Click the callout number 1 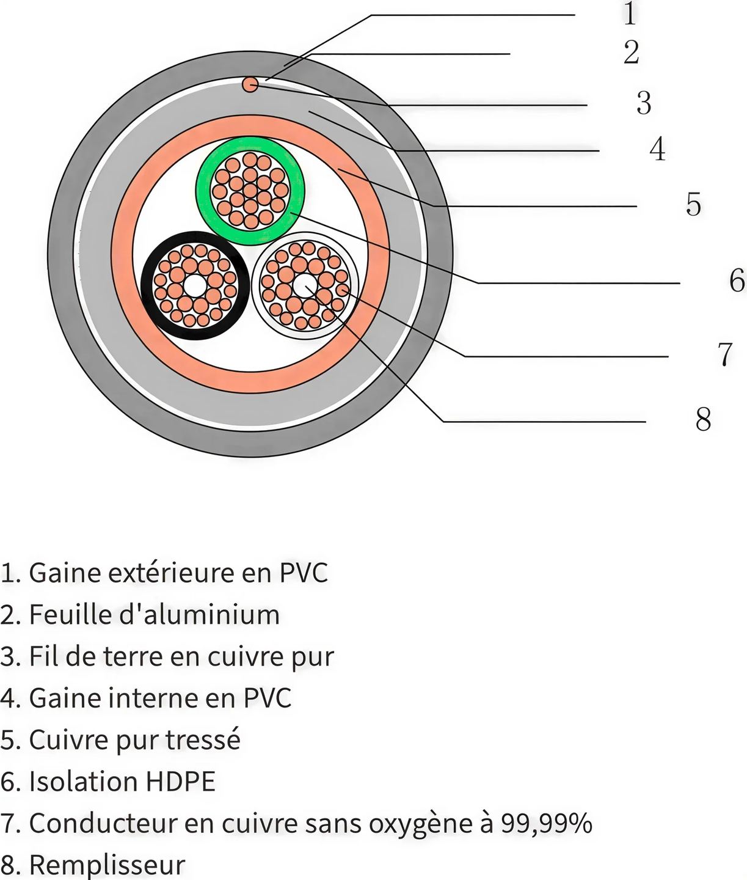click(x=630, y=13)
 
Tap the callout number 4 click(x=658, y=149)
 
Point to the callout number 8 click(x=703, y=419)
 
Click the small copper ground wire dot click(x=250, y=84)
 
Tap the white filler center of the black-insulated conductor click(x=194, y=285)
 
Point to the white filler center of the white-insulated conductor click(x=305, y=285)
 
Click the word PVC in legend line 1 click(x=304, y=573)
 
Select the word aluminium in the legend click(x=211, y=614)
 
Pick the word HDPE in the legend click(x=180, y=781)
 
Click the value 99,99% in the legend click(x=547, y=824)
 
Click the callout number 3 click(x=644, y=103)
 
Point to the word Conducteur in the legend click(x=103, y=823)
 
